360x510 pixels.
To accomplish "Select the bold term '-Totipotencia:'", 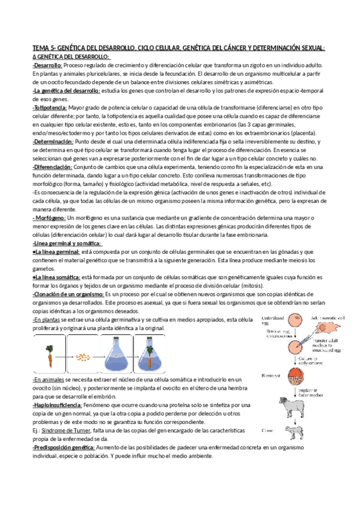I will pos(50,107).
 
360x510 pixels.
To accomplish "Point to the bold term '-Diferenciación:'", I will pos(52,166).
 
